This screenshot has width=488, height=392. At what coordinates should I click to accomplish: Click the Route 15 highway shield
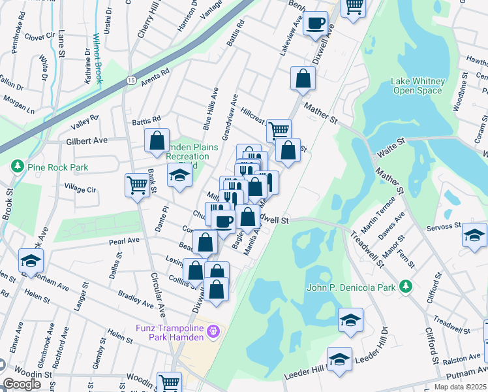pos(130,80)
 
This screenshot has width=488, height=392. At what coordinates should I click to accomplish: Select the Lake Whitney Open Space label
pos(418,86)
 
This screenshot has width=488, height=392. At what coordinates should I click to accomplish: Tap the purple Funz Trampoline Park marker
pos(212,333)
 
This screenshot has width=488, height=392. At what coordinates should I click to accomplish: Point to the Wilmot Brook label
pos(97,59)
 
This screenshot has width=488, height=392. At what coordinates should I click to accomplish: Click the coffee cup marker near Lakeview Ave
pos(316,23)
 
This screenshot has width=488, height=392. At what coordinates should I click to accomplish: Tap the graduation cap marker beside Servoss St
pos(474,235)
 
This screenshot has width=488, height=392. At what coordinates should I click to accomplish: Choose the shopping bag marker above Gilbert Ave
pos(157,140)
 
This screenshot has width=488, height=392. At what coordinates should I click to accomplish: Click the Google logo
pos(22,384)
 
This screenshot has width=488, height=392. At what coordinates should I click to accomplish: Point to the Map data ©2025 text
pos(460,387)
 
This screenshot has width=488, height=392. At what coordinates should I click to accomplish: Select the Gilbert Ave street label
pos(85,140)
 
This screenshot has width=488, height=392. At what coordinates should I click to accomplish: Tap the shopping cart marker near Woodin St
pos(170,382)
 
